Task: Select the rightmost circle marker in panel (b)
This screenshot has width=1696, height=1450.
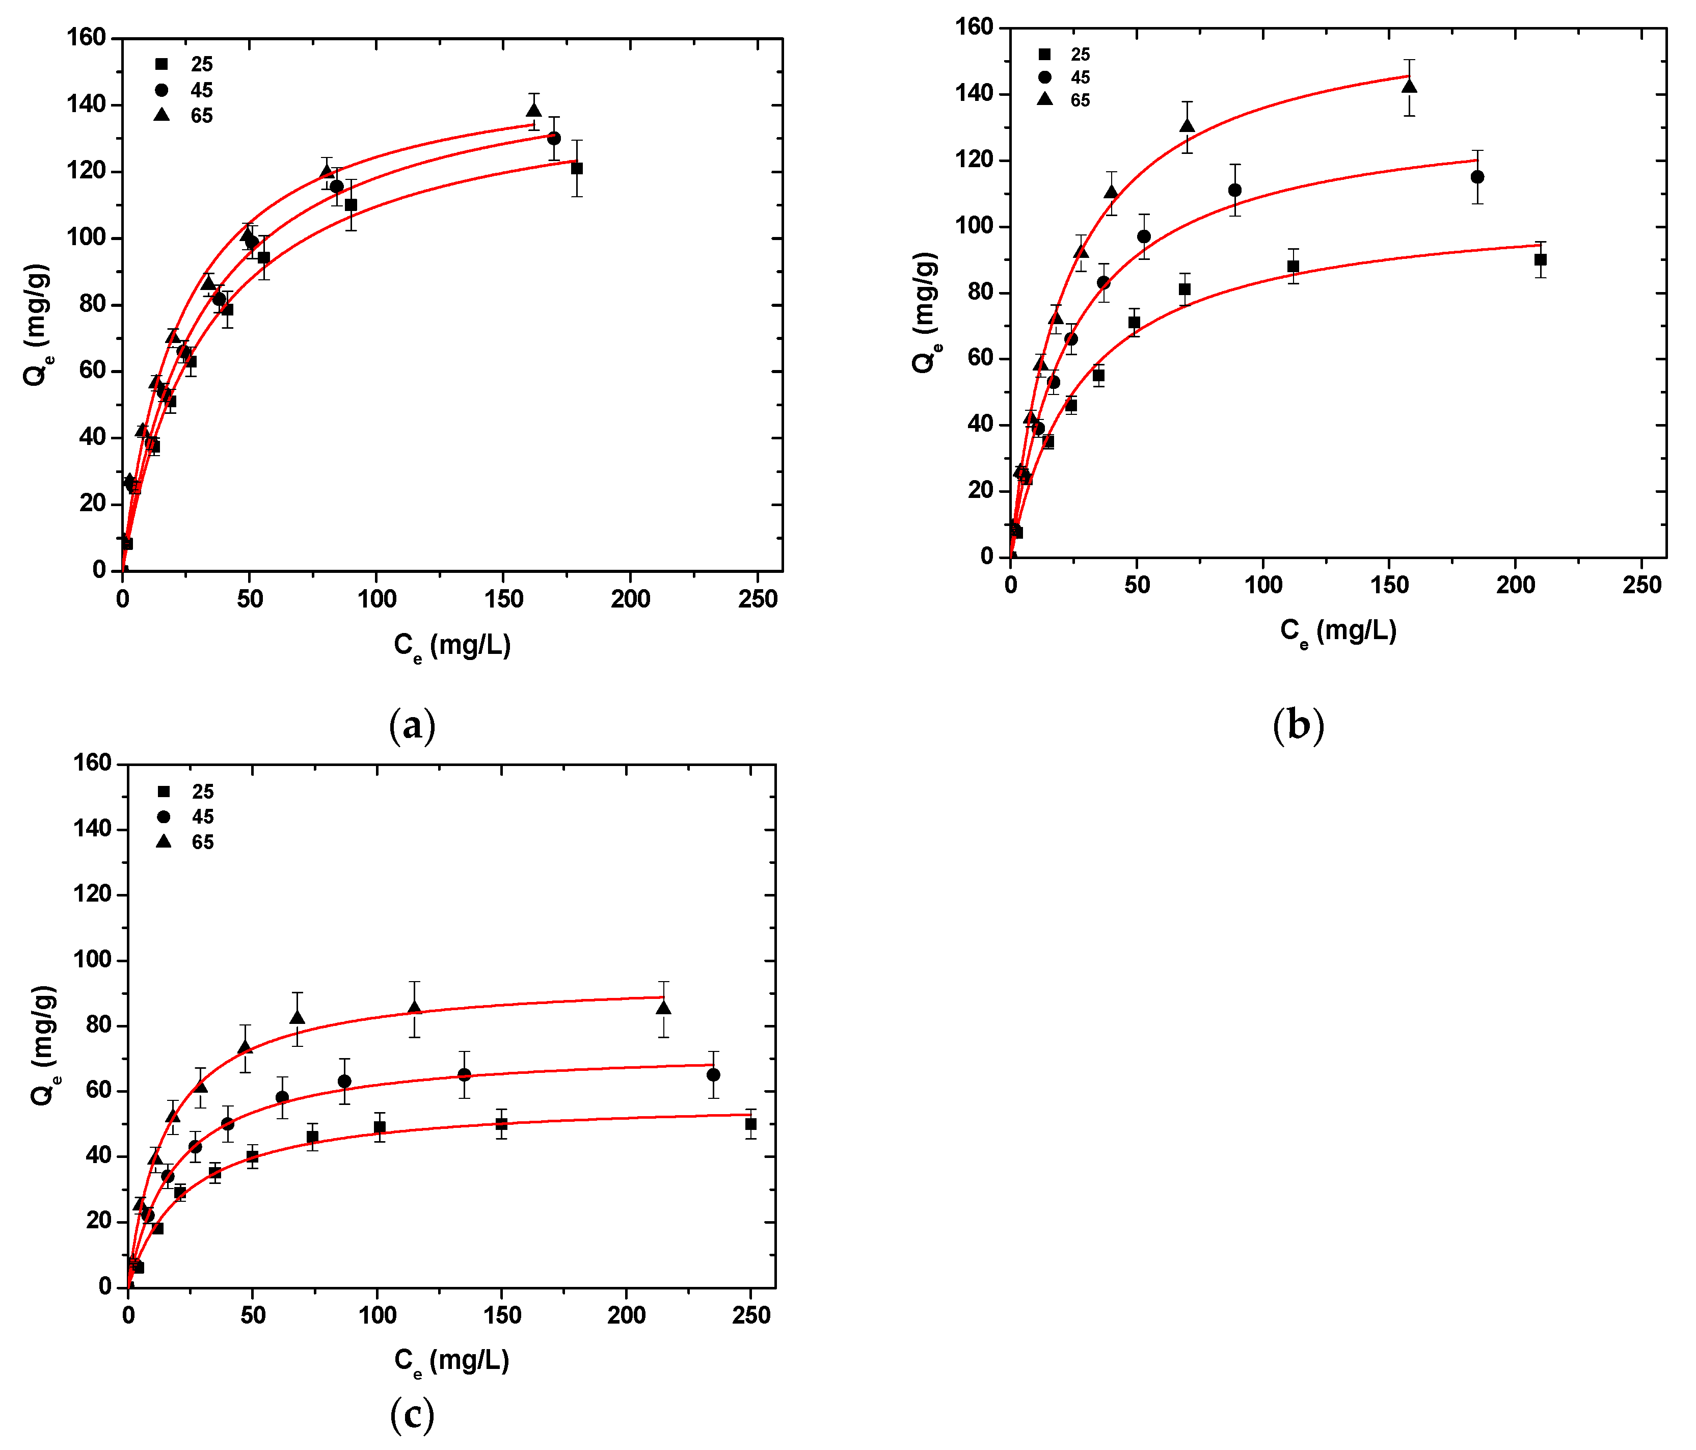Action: pos(1477,177)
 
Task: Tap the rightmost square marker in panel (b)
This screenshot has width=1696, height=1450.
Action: pos(1541,259)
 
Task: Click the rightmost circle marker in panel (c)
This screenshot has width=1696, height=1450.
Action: pos(714,1075)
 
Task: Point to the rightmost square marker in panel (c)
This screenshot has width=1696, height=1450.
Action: pos(750,1124)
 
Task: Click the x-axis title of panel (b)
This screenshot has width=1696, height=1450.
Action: pos(1338,632)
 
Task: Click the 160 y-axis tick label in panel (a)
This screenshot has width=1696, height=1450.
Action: pos(87,38)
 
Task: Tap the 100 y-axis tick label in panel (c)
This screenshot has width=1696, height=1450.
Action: pos(93,960)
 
